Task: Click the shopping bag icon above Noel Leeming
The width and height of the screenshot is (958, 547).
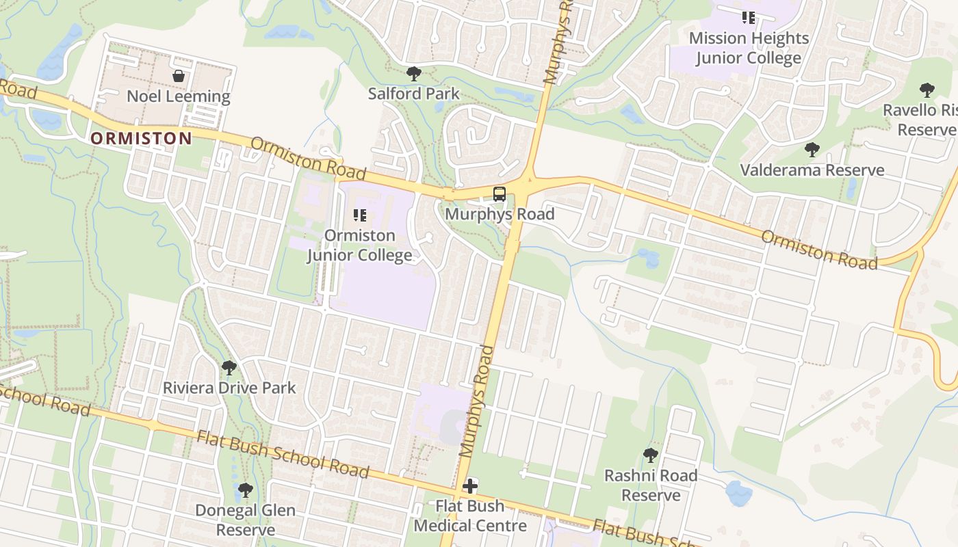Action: (x=179, y=76)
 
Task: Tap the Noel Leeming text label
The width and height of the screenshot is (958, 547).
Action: (x=179, y=96)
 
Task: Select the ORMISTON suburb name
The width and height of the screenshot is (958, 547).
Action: (x=142, y=138)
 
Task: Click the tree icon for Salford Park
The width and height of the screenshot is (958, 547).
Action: (x=413, y=74)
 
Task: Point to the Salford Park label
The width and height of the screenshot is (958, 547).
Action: (x=413, y=94)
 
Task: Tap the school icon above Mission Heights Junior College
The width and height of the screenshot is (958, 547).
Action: (x=749, y=18)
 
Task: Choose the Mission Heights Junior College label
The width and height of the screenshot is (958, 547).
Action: (x=749, y=48)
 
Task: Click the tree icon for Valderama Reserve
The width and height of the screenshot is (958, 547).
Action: (x=812, y=150)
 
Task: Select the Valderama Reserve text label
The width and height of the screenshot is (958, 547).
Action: (x=812, y=170)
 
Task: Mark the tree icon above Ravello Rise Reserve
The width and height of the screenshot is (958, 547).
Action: (x=927, y=90)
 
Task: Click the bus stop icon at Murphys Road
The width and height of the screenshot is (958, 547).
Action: (x=500, y=194)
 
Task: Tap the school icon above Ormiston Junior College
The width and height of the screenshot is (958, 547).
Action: (x=360, y=215)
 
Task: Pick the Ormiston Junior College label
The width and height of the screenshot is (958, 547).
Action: (x=360, y=245)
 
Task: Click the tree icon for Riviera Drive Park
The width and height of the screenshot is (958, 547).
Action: (x=229, y=368)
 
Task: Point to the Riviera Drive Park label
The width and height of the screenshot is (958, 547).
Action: (x=229, y=388)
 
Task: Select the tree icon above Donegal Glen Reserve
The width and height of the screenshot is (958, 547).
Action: (x=245, y=490)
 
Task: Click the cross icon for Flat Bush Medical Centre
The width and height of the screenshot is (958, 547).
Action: (x=470, y=486)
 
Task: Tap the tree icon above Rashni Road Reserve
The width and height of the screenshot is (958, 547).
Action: (x=650, y=455)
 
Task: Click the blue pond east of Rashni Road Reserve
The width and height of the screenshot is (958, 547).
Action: (x=739, y=493)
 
